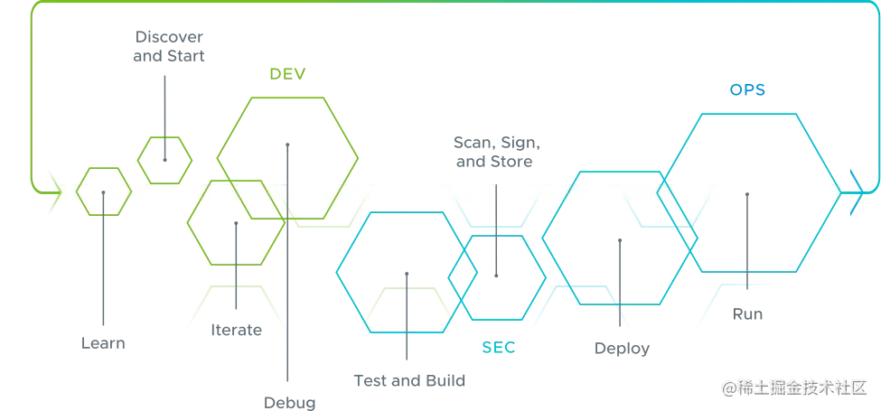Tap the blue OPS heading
coord(748,90)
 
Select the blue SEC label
coord(499,347)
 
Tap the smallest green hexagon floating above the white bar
coord(164,158)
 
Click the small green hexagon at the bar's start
coord(104,192)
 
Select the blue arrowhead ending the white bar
coord(851,191)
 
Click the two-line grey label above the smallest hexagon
coord(169,45)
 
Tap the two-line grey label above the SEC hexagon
coord(492,154)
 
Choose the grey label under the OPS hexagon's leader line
coord(748,315)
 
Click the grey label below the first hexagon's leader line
coord(105,345)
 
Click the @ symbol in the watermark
coord(728,388)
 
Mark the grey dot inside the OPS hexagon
coord(748,194)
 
